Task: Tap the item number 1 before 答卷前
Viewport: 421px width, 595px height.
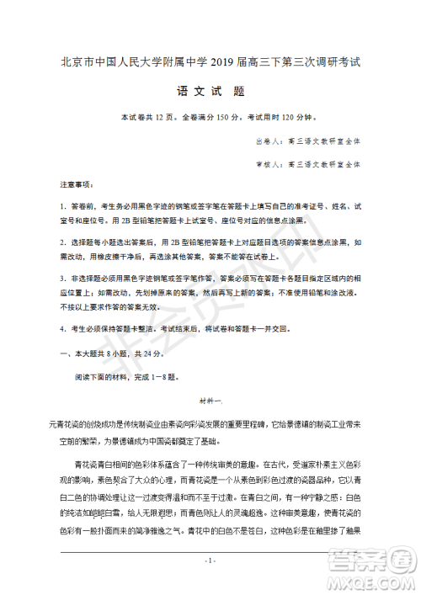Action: [62, 205]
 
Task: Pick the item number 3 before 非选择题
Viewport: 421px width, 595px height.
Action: [62, 278]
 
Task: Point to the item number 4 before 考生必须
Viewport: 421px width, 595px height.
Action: [62, 329]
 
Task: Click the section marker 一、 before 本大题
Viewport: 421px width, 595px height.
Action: [66, 353]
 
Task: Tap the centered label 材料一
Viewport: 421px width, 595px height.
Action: [210, 401]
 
